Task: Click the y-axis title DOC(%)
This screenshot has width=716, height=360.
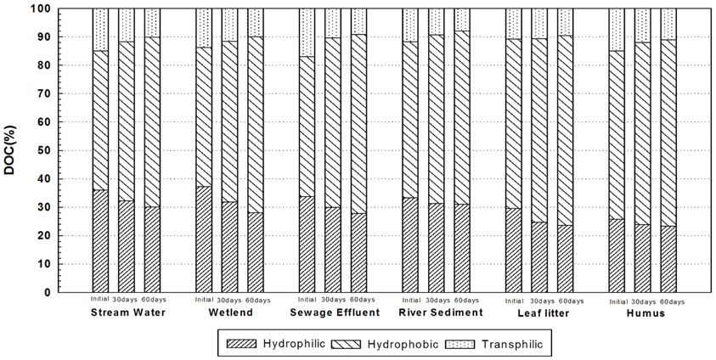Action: tap(12, 149)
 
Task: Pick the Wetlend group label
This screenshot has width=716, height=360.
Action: tap(230, 312)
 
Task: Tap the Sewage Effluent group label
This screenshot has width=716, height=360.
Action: tap(334, 312)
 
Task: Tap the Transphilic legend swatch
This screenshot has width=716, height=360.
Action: tap(465, 344)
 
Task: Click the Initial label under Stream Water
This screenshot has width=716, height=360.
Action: tap(100, 299)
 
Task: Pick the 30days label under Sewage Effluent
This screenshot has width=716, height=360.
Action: tap(335, 301)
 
